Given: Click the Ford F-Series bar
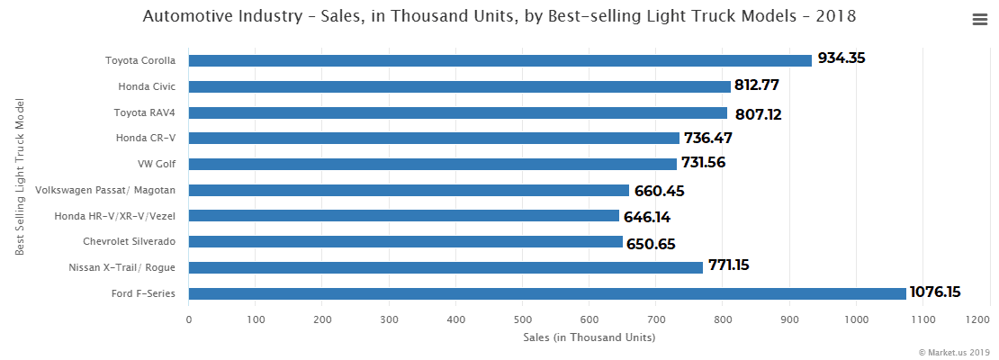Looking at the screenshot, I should (x=547, y=293).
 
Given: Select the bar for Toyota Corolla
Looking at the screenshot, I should (x=499, y=60).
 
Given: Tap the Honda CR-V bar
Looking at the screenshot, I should (x=434, y=138).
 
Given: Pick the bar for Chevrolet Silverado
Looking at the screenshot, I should (x=405, y=242).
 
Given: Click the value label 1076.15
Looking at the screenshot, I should (x=935, y=292).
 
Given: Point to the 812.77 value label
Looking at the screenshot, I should (x=756, y=85).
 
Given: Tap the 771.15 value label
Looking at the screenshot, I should (x=728, y=265).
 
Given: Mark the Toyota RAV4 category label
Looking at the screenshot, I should (x=144, y=112).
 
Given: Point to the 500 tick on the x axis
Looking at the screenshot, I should (x=522, y=319).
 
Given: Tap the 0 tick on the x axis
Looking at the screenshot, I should (x=189, y=319).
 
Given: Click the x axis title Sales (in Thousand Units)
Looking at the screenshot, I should (x=589, y=337).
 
